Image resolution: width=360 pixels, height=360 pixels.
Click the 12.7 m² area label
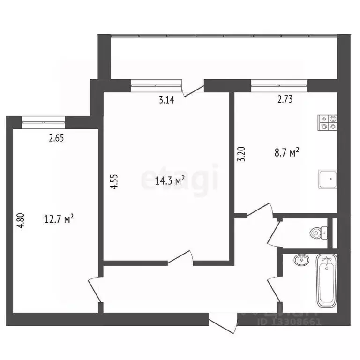tap(59, 218)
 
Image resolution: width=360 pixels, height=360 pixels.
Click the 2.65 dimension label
tap(56, 138)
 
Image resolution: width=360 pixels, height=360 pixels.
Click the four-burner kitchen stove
tap(328, 122)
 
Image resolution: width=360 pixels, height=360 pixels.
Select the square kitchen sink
tap(328, 179)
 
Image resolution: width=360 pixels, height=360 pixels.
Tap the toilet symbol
tap(320, 232)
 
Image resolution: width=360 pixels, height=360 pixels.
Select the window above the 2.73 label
tap(279, 84)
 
